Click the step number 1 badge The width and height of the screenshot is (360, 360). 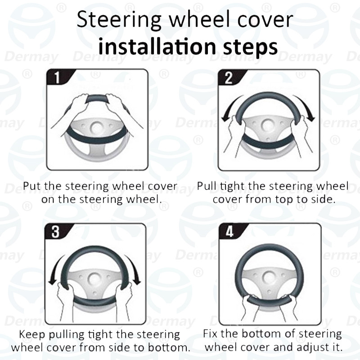click(x=56, y=77)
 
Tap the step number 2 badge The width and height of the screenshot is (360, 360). click(x=228, y=77)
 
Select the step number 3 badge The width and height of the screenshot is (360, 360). click(x=55, y=231)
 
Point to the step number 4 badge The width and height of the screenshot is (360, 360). click(x=229, y=231)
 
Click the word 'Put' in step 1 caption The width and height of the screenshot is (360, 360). click(x=32, y=186)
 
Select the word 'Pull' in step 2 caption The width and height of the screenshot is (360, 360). click(x=207, y=186)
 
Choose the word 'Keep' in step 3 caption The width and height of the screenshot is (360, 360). click(x=32, y=335)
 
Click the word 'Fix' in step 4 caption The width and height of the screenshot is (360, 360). click(x=211, y=334)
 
